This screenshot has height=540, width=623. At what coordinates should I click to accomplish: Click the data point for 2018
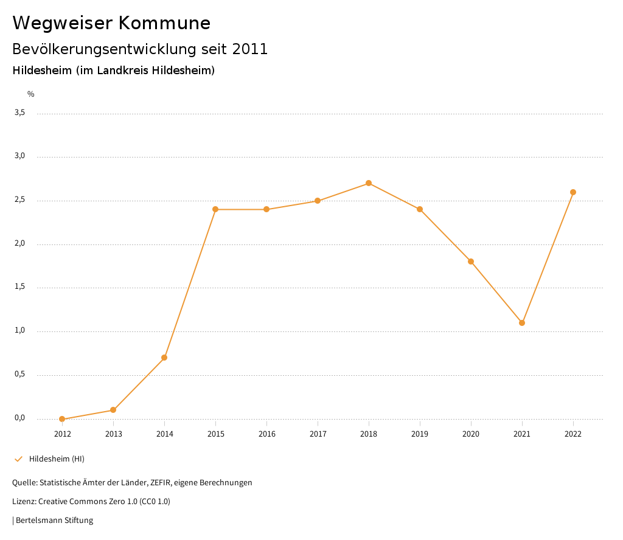369,183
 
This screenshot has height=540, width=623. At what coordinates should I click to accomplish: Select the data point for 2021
522,323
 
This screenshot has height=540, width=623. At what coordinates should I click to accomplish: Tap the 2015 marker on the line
215,209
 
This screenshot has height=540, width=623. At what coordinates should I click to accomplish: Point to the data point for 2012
62,419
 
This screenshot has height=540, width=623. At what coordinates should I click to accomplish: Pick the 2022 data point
573,192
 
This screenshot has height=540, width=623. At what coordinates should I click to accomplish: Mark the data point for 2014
164,358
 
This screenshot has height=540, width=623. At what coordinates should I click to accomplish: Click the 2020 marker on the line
471,261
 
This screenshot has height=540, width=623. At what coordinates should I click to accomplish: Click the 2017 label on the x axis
318,434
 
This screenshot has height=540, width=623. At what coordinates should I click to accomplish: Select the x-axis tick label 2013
113,434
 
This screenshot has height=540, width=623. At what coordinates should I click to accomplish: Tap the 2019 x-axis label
420,434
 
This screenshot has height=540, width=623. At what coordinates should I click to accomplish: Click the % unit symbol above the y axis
31,94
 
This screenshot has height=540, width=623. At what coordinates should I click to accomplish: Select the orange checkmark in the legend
18,459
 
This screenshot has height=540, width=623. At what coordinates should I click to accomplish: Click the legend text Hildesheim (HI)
57,459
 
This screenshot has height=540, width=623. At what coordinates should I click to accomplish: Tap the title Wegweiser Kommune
111,23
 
